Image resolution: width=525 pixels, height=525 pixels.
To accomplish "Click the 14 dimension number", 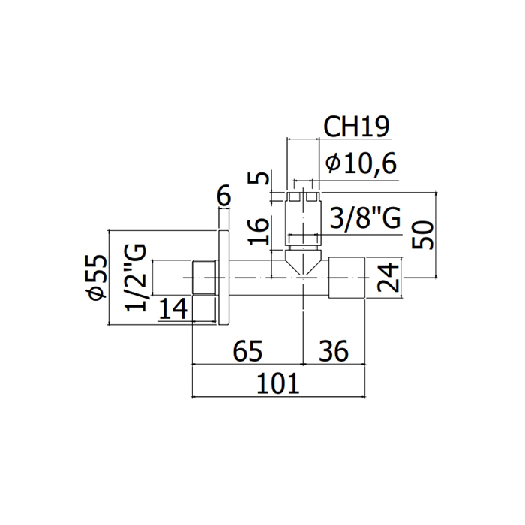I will [x=174, y=310].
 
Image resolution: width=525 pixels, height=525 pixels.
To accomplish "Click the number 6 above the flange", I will [x=222, y=196].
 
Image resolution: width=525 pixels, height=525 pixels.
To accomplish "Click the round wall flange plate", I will [x=223, y=277].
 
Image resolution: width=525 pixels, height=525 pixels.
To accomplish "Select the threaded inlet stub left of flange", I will [x=203, y=277].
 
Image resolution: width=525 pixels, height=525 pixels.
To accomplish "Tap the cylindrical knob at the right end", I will [x=346, y=277].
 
